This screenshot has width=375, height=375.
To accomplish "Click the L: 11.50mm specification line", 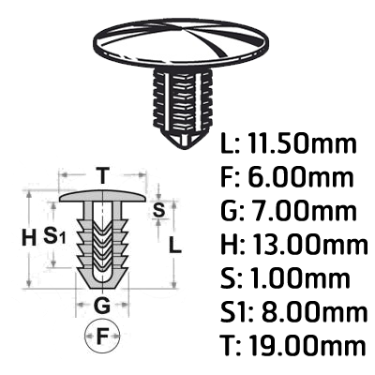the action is tap(289, 143).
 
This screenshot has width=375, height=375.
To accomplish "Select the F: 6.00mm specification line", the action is tap(287, 177).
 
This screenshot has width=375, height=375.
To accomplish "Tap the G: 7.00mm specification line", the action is tap(289, 211).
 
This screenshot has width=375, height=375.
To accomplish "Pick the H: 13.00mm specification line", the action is tap(294, 244).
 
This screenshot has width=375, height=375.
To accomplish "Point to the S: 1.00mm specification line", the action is tap(285, 277).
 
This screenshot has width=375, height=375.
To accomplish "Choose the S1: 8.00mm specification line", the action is tap(293, 311).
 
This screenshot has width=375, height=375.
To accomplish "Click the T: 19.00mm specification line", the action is tap(292, 345).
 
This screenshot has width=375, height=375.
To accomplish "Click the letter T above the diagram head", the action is tap(102, 175).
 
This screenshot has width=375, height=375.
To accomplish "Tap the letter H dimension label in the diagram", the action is tap(29, 240).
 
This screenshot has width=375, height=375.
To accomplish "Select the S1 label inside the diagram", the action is tap(54, 235).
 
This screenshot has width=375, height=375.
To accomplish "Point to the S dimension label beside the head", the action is tap(158, 210).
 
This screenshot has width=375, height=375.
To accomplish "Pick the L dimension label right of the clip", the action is tap(175, 245).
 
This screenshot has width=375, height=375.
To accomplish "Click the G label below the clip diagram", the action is tap(102, 305).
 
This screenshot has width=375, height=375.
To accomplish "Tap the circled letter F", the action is tap(102, 337).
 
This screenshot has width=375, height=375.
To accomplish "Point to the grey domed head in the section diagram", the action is tap(102, 196).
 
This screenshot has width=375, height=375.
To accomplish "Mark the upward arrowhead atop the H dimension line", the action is tap(29, 195).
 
